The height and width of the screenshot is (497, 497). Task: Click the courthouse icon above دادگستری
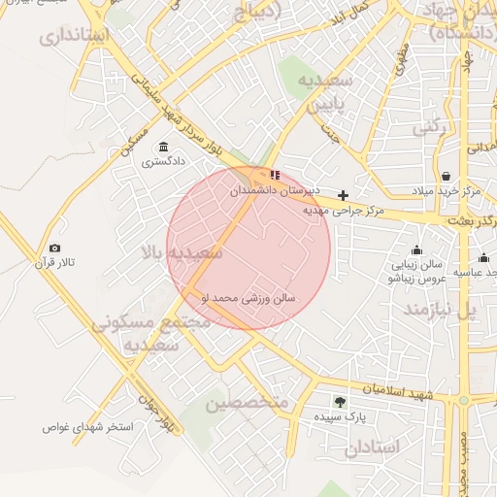(162, 147)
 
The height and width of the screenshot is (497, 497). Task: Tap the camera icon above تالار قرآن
(54, 248)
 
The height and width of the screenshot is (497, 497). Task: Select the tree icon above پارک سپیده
(339, 401)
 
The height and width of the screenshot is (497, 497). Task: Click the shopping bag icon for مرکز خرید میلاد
(446, 177)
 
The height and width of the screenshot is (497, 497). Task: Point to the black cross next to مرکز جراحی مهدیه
(343, 195)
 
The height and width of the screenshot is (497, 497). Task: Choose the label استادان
(372, 447)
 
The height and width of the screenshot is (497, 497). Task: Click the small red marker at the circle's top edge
(275, 175)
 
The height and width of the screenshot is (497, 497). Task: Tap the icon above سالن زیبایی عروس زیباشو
(416, 249)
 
